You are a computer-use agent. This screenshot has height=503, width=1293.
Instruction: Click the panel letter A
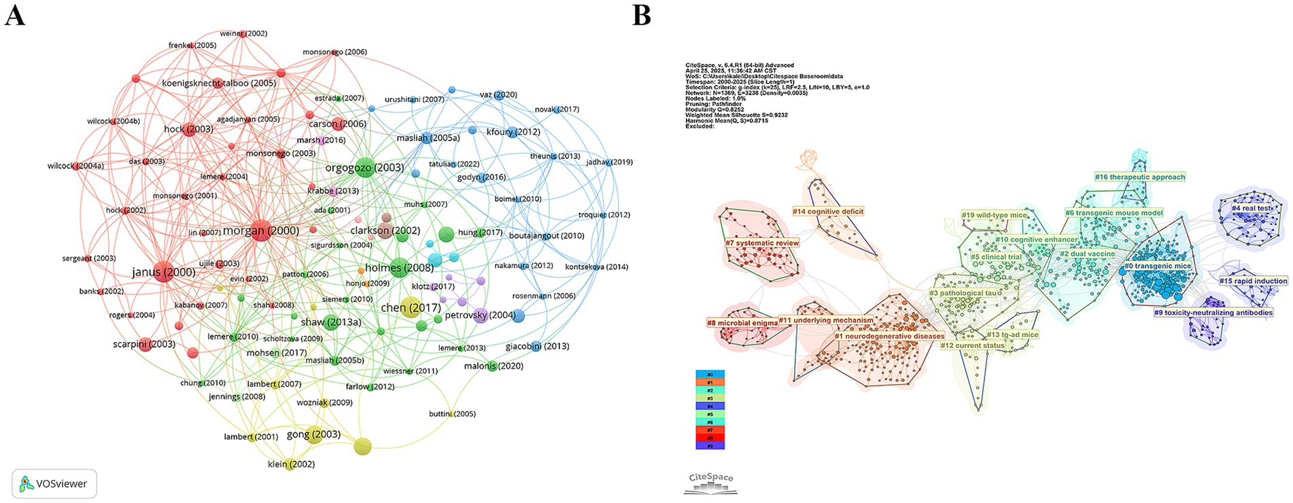point(15,14)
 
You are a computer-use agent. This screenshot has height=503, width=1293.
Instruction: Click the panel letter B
point(642,14)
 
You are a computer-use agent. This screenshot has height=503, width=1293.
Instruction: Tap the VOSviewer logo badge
point(54,483)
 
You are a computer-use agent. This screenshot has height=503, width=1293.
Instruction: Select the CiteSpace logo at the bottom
point(710,483)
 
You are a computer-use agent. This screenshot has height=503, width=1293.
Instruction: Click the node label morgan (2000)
point(261,230)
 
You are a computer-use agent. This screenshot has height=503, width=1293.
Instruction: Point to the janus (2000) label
point(163,272)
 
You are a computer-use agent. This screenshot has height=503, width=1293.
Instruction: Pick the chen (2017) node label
point(411,308)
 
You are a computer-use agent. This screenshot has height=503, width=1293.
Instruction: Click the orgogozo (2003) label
point(364,167)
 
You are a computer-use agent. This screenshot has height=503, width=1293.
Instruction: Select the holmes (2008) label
point(399,268)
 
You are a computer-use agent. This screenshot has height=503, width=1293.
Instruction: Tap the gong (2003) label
point(313,434)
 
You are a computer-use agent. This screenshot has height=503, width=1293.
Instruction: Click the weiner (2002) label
point(243,33)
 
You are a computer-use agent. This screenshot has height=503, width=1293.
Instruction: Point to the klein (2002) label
point(291,464)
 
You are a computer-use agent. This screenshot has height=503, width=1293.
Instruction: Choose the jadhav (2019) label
point(609,162)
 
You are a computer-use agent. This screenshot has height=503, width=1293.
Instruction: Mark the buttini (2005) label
point(452,413)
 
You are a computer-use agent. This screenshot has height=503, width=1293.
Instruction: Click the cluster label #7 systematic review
point(762,243)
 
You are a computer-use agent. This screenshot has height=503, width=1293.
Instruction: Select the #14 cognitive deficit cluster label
point(827,211)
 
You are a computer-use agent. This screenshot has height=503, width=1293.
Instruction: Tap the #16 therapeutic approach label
point(1139,177)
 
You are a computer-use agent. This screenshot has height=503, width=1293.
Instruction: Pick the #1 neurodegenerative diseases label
point(889,336)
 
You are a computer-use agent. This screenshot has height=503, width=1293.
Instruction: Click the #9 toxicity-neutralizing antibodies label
point(1213,313)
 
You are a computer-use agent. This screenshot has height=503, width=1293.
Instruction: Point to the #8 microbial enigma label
point(742,323)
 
